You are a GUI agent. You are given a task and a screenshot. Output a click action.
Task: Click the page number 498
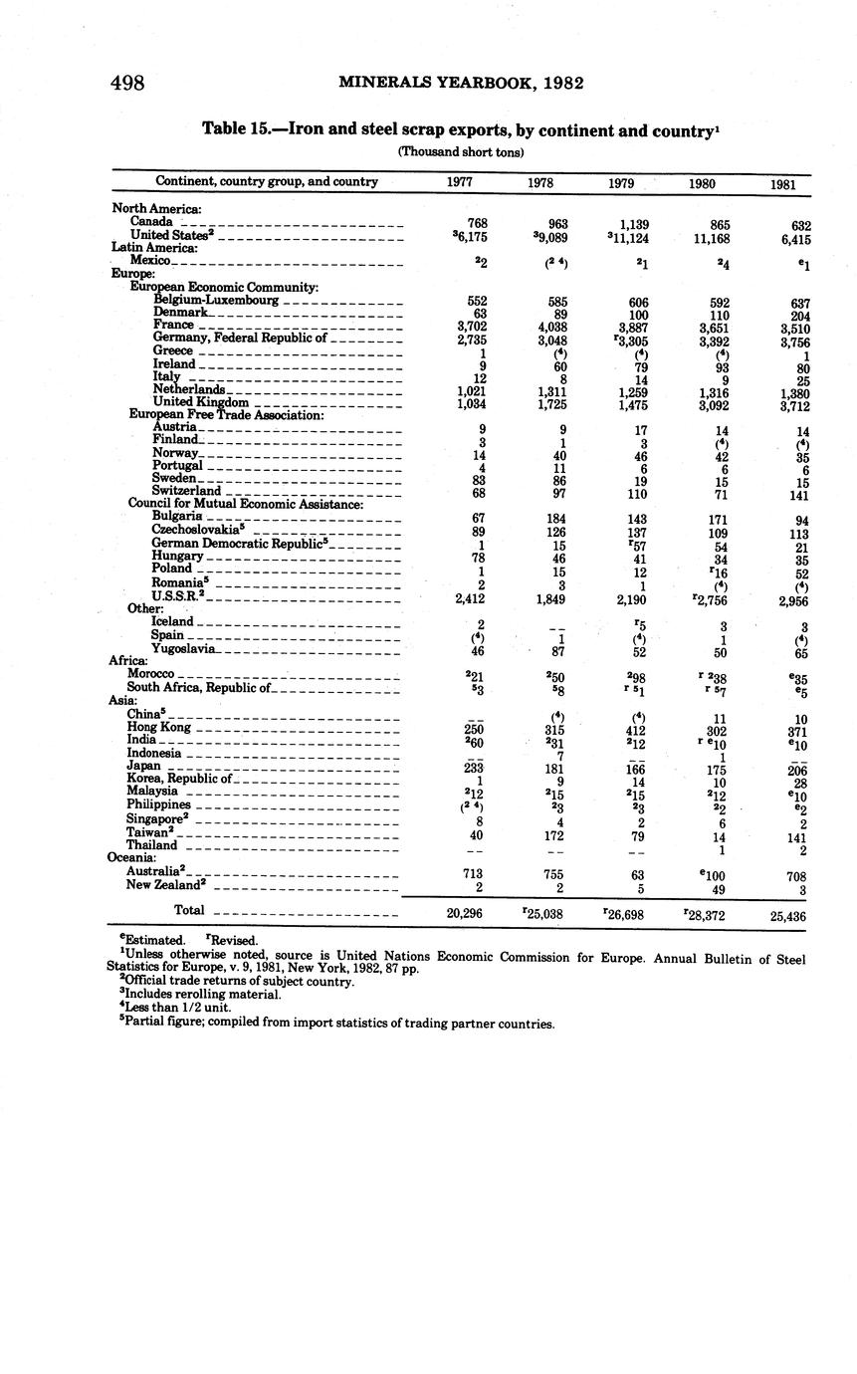(x=127, y=83)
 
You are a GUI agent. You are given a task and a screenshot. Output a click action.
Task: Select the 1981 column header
(x=785, y=184)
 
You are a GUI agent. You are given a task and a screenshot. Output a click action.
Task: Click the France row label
(x=173, y=326)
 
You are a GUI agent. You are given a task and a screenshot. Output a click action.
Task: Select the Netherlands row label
(x=190, y=390)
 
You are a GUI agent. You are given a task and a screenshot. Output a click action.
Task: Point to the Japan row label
(x=144, y=767)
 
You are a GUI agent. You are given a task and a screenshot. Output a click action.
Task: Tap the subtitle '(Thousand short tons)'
(x=461, y=151)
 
